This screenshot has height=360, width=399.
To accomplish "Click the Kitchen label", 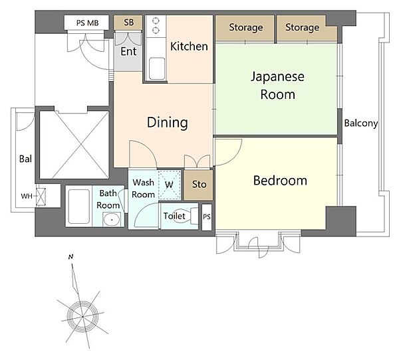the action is (x=189, y=46).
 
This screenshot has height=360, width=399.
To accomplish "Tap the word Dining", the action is (x=168, y=122).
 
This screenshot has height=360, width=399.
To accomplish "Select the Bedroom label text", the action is (x=280, y=181).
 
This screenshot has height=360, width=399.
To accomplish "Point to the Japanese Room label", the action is (x=277, y=86).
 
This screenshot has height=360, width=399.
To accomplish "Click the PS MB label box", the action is (x=86, y=23).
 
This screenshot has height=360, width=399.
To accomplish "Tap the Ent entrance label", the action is (x=128, y=51).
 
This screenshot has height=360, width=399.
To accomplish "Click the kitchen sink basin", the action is (x=157, y=68).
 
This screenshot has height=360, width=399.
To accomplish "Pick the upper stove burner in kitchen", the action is (x=156, y=21).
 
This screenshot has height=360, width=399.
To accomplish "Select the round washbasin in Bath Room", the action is (x=112, y=219).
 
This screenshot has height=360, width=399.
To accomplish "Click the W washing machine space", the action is (x=170, y=185).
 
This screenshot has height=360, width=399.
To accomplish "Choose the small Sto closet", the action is (x=199, y=185).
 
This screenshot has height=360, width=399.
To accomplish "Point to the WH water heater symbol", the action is (x=41, y=197).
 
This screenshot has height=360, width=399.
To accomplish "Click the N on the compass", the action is (x=70, y=257).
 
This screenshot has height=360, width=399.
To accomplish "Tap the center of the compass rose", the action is (x=82, y=316).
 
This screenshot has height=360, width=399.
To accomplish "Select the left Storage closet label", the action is (x=246, y=27).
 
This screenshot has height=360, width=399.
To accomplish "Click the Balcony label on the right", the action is (x=361, y=124).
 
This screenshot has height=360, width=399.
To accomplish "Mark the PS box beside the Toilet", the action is (x=207, y=217).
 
